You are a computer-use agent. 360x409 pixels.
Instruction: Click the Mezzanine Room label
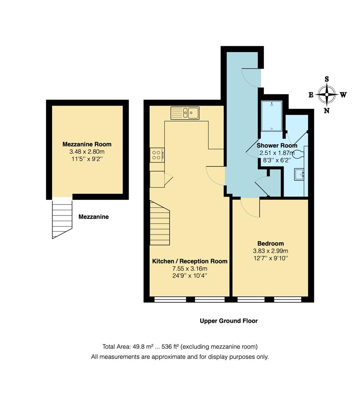[x=87, y=144]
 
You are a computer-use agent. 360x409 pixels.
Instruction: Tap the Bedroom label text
[x=270, y=244]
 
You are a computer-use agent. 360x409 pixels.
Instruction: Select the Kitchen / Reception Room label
[x=190, y=261]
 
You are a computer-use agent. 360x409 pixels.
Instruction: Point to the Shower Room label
[x=277, y=145]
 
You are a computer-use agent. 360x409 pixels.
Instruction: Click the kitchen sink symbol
[x=185, y=113]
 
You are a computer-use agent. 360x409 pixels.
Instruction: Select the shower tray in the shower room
[x=271, y=116]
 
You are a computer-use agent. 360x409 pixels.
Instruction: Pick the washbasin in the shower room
[x=300, y=175]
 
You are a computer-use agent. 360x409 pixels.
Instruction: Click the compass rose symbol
[x=327, y=95]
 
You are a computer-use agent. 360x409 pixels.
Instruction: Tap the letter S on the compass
[x=327, y=79]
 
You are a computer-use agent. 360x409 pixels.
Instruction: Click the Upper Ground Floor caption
[x=229, y=321]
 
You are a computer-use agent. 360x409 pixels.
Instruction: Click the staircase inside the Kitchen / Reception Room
[x=159, y=223]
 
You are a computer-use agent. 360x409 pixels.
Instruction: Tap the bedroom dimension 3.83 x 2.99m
[x=270, y=251]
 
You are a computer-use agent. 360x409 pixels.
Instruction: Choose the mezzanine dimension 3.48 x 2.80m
[x=87, y=152]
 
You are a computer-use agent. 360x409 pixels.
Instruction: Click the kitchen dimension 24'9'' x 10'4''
[x=190, y=276]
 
